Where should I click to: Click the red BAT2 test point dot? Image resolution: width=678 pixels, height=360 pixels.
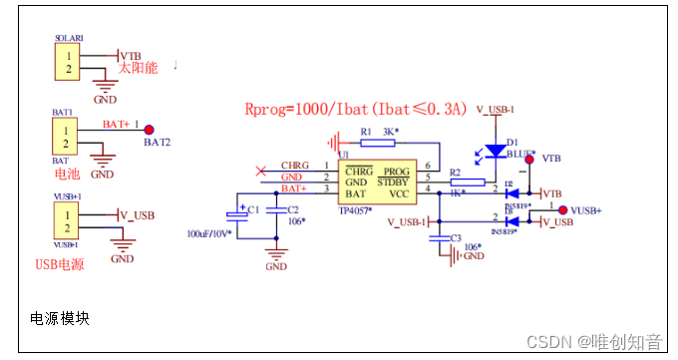[150, 130]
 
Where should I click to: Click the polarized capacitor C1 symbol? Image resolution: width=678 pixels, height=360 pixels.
[240, 214]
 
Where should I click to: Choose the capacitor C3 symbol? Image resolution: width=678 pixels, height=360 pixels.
[440, 238]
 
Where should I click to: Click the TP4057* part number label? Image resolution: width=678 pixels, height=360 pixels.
[356, 210]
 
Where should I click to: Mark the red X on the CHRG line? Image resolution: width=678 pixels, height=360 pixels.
[261, 167]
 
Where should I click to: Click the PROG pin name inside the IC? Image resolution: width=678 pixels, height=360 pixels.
[396, 172]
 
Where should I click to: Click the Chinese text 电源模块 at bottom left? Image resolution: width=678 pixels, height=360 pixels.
[60, 318]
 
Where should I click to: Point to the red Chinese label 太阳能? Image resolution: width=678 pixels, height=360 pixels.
[139, 68]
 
